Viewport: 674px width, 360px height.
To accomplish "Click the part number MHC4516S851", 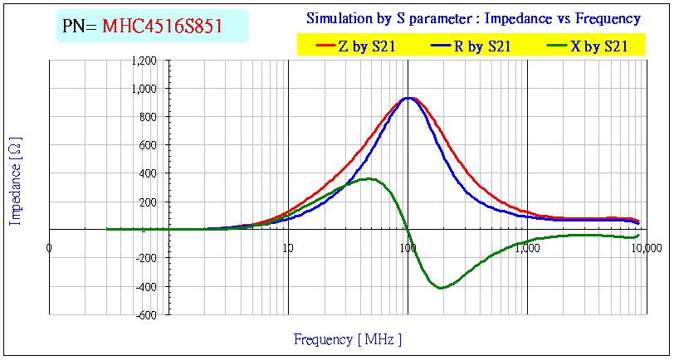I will (162, 27).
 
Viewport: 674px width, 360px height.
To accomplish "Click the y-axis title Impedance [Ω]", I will (15, 180).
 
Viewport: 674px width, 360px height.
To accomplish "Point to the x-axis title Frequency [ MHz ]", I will (347, 339).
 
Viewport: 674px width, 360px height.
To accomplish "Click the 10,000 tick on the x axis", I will (646, 247).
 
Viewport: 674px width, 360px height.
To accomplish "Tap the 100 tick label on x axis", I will (408, 247).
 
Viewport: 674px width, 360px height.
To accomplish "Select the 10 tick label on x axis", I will (287, 247).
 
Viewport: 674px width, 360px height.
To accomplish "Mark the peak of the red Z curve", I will (409, 98).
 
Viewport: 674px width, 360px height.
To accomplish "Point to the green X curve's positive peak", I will (370, 178).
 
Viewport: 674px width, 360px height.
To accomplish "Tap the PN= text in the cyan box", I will (80, 27).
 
